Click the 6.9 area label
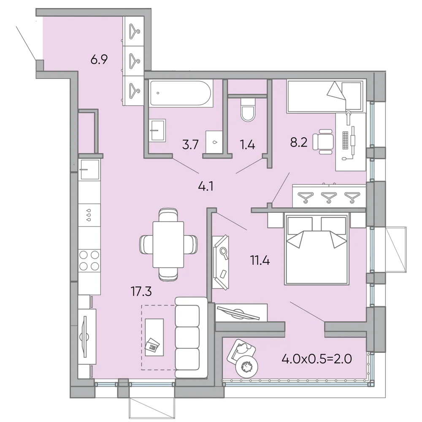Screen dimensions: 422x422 click(x=99, y=59)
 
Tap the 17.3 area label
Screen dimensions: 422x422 click(x=141, y=291)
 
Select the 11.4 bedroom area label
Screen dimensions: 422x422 click(x=260, y=260)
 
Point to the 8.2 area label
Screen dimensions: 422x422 click(x=299, y=142)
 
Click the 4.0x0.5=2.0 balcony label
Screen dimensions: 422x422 click(x=316, y=359)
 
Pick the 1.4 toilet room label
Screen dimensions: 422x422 click(x=247, y=145)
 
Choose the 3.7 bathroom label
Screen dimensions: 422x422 click(x=190, y=145)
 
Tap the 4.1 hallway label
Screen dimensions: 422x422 click(x=206, y=186)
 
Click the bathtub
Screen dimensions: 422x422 click(x=181, y=93)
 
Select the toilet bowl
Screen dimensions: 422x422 click(x=247, y=110)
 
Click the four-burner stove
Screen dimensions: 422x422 click(x=89, y=260)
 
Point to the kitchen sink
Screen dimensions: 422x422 click(x=89, y=169)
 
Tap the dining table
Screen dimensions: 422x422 click(x=168, y=244)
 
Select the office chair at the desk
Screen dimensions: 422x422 click(x=323, y=141)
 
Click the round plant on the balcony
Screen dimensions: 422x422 click(x=247, y=367)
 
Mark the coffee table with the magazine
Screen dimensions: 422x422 click(x=154, y=337)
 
